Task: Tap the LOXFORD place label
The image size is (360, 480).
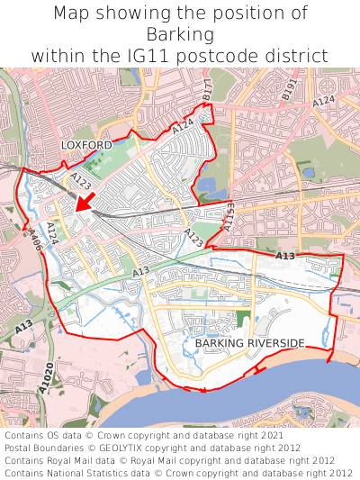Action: tap(86, 145)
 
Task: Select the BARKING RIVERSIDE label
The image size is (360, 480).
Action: tap(249, 342)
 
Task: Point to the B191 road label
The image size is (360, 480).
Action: tap(288, 88)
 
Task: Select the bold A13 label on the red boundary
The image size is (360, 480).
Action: tap(284, 258)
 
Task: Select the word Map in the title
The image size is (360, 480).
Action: tap(73, 14)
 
